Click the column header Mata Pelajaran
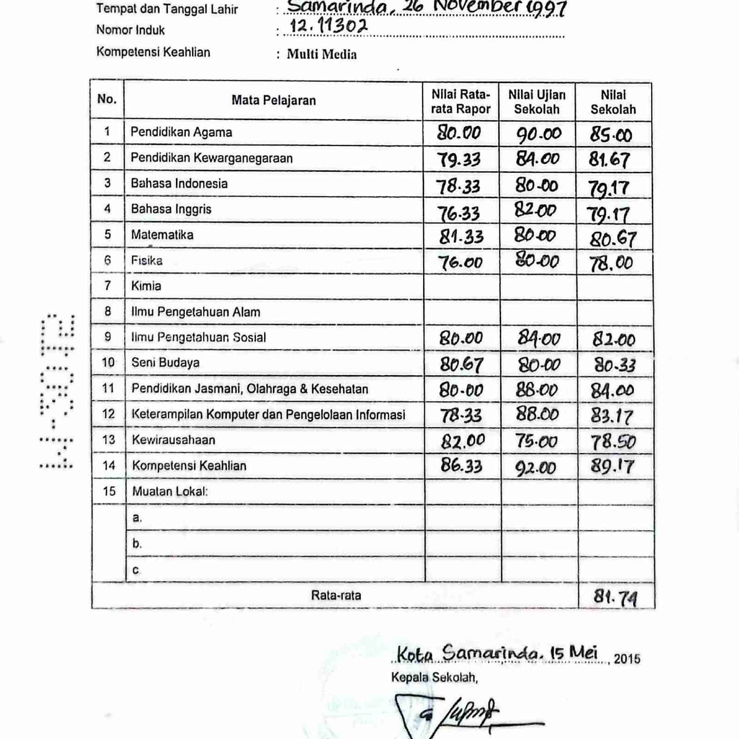pos(273,100)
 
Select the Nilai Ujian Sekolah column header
pos(537,102)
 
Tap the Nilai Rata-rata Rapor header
pos(460,102)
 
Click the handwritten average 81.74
pos(615,598)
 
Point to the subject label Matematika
pos(162,235)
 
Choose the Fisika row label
pos(147,260)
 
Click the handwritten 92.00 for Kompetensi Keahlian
pos(536,468)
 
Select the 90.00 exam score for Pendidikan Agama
pos(539,134)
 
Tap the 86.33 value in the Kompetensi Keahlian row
pos(461,465)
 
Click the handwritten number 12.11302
pos(328,26)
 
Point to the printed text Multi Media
pos(321,55)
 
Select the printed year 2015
pos(627,659)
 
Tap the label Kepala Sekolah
pos(434,678)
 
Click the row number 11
pos(108,388)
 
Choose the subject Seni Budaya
pos(165,363)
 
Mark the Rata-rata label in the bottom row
pos(336,595)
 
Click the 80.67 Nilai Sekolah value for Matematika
pos(613,239)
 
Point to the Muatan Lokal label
pos(170,491)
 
